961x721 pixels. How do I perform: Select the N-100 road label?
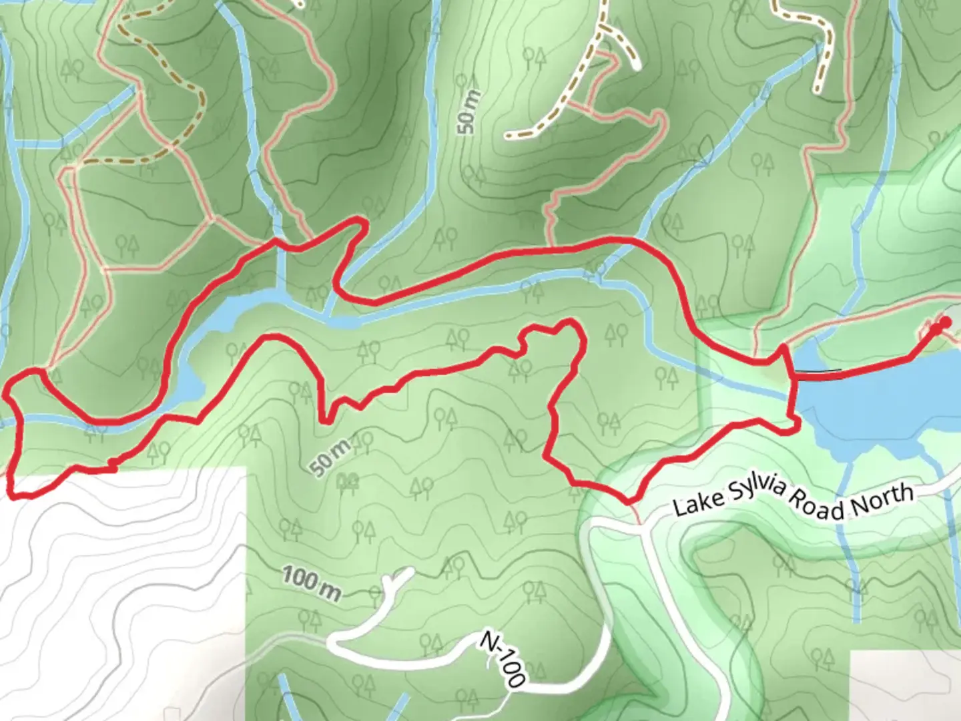[x=503, y=660]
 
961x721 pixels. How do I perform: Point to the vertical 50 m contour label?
[x=468, y=111]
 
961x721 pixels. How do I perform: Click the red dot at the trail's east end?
[x=945, y=324]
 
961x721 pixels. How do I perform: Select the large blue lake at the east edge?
[x=881, y=401]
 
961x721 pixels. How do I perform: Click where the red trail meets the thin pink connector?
[x=630, y=502]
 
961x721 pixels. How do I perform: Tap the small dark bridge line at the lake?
[x=818, y=371]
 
